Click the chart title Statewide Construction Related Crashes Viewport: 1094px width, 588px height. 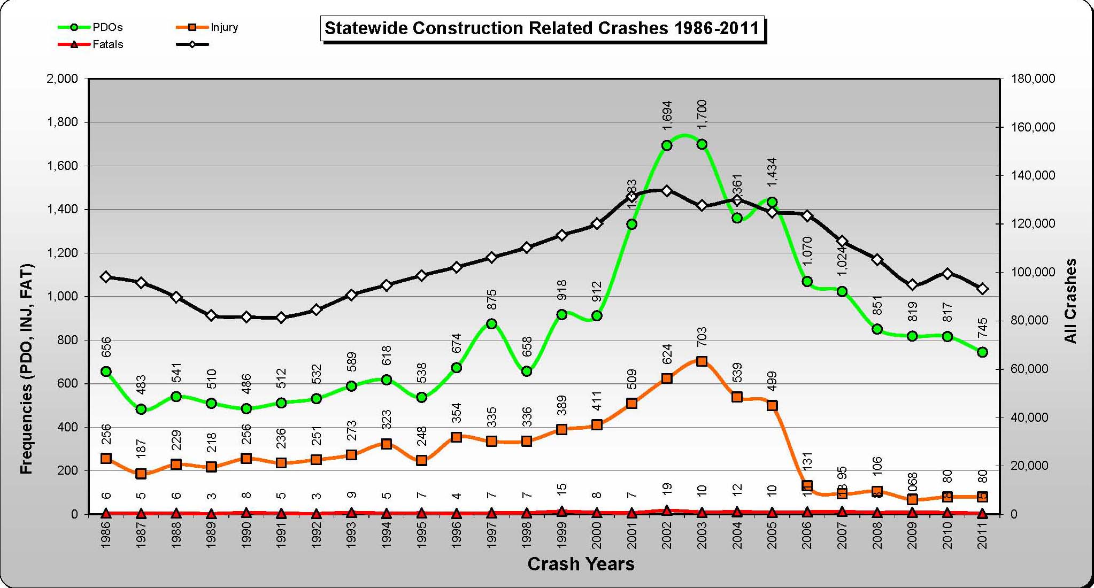pyautogui.click(x=542, y=28)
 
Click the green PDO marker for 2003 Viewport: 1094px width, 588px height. pyautogui.click(x=702, y=144)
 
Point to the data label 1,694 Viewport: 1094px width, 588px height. pyautogui.click(x=667, y=115)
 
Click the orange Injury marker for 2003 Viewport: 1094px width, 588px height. pyautogui.click(x=702, y=361)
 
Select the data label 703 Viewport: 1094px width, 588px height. pyautogui.click(x=702, y=337)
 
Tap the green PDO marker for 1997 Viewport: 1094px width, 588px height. pyautogui.click(x=492, y=323)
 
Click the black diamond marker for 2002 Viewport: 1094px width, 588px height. pyautogui.click(x=667, y=191)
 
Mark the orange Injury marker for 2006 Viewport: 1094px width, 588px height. pyautogui.click(x=807, y=486)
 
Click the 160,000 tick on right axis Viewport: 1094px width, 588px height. pyautogui.click(x=1033, y=127)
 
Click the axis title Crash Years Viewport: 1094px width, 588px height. pyautogui.click(x=581, y=564)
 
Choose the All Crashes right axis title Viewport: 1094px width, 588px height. pyautogui.click(x=1070, y=301)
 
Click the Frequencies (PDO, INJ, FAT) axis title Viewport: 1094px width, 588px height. pyautogui.click(x=26, y=369)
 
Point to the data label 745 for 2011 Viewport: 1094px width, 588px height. pyautogui.click(x=983, y=328)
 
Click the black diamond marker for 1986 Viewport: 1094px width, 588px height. pyautogui.click(x=106, y=277)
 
